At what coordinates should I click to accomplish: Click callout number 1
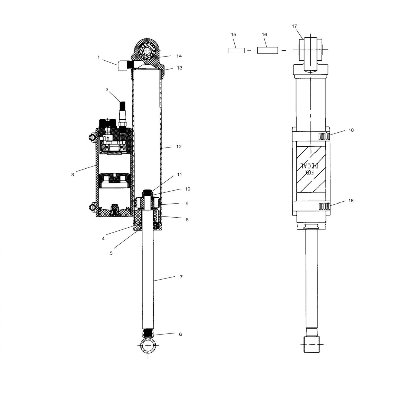coord(99,57)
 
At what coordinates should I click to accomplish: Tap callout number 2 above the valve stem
coord(107,90)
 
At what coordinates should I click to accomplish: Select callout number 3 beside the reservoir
coord(73,175)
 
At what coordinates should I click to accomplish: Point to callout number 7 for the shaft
coord(181,277)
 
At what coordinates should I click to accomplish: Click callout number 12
coord(179,147)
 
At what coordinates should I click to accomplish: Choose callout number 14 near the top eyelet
coord(179,56)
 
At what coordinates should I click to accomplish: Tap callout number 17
coord(294,26)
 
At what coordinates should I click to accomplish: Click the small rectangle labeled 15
coord(237,50)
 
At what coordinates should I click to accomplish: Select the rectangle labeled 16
coord(267,50)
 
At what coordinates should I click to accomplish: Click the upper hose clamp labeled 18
coord(324,136)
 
